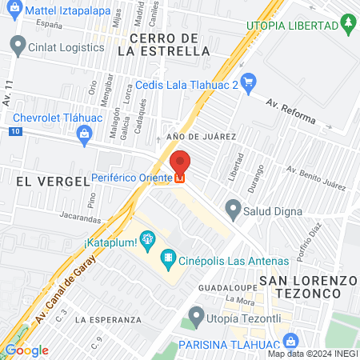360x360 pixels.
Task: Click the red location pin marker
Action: coord(180,162)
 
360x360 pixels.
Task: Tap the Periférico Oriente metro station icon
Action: coord(181,178)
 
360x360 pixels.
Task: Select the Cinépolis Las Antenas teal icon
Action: coord(167,258)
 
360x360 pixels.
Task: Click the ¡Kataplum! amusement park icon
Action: coord(146,238)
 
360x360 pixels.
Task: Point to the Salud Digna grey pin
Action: coord(233,210)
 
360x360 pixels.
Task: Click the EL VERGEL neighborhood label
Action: coord(50,182)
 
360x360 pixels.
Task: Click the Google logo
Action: coord(26,350)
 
